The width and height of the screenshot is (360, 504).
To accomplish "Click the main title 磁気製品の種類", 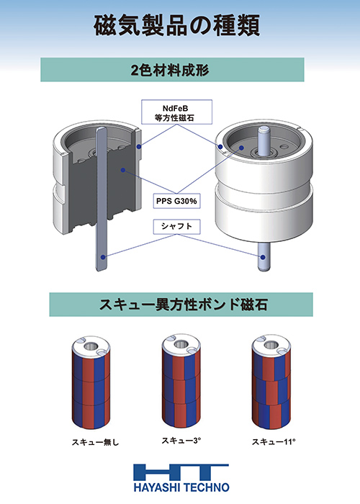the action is [177, 26].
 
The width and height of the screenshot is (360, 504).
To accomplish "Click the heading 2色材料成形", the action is [170, 70].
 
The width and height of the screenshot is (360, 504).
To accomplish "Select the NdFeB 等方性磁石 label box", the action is [176, 112].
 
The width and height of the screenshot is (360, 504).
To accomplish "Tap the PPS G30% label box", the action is [176, 201].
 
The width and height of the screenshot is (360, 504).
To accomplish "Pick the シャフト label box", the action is [176, 227].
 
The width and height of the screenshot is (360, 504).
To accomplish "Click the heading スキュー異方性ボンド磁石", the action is [183, 305].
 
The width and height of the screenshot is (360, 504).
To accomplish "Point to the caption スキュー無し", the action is [95, 442].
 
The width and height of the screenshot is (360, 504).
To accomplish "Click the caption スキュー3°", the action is [181, 441].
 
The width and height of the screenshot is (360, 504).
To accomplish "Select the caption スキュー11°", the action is [274, 441].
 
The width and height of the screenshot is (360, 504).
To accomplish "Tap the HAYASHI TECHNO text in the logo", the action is [181, 487].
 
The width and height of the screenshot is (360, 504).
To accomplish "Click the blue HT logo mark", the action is [181, 472].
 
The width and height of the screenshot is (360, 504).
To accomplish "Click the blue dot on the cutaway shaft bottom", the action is [103, 257].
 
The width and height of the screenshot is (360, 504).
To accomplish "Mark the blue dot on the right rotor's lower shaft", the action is [263, 257].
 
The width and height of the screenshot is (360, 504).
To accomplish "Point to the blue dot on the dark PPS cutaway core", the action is [123, 169].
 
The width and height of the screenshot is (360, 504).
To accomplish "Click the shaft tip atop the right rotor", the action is [264, 129].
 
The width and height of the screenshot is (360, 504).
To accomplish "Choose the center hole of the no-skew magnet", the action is [90, 346].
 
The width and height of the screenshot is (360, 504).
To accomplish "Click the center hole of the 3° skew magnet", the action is [181, 345].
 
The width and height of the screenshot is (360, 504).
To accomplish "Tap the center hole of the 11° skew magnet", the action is [271, 346].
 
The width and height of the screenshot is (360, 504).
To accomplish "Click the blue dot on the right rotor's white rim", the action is [220, 147].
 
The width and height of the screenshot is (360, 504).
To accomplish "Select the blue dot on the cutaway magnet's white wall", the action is [138, 147].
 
